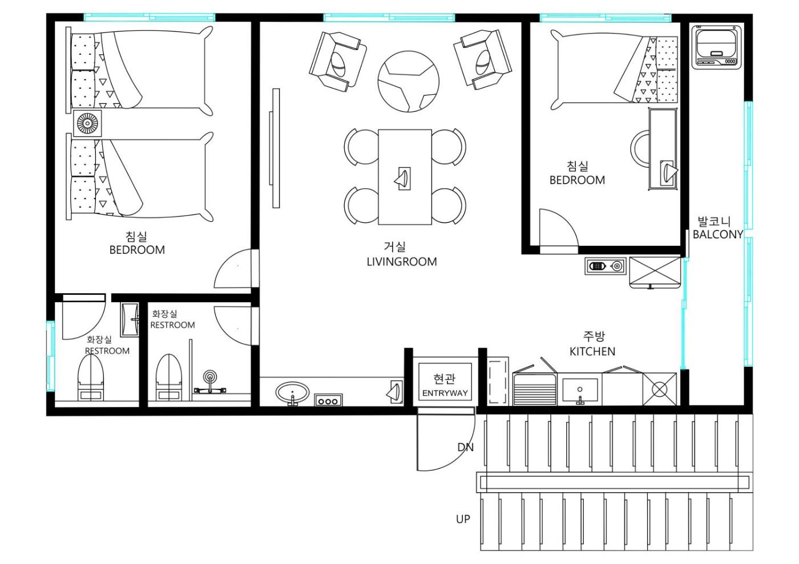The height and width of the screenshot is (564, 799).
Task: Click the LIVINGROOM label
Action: (402, 262)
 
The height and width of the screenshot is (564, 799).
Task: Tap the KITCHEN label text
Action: (592, 352)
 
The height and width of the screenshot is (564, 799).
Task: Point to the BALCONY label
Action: (718, 234)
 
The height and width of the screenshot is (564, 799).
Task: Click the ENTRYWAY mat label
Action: (445, 393)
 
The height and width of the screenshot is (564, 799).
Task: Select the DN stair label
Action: (466, 448)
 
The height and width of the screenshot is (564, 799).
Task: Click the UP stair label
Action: (463, 520)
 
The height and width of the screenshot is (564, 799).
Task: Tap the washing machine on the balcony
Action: (717, 47)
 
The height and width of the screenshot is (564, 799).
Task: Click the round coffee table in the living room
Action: (409, 82)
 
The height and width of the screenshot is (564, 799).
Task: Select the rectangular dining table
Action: (405, 177)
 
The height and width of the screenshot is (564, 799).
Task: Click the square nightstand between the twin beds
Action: (87, 123)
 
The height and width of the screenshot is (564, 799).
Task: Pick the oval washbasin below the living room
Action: (292, 393)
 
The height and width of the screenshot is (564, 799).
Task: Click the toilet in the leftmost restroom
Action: (91, 378)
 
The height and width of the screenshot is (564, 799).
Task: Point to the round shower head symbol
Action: (210, 377)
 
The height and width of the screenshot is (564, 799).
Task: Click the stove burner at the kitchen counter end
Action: (660, 389)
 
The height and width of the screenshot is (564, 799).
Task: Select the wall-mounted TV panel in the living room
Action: (275, 148)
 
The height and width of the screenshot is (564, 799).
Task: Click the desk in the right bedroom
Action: (663, 149)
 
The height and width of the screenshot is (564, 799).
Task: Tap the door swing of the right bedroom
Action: (559, 227)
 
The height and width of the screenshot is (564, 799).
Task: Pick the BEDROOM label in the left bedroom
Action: (137, 250)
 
